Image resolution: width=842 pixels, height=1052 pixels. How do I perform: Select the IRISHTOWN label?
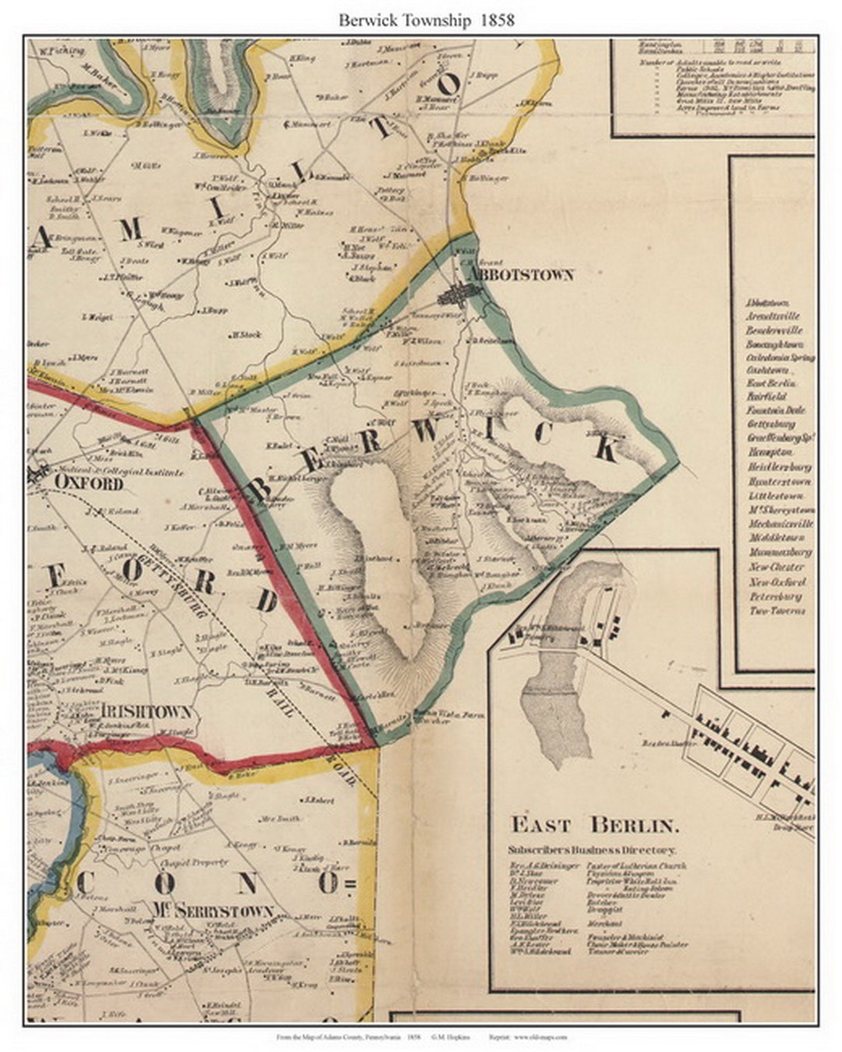[x=146, y=711]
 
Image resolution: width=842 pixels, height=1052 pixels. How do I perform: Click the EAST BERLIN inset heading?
[x=595, y=824]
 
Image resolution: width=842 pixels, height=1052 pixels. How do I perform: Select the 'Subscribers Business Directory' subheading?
[x=592, y=850]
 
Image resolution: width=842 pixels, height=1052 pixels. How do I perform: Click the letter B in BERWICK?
[x=260, y=489]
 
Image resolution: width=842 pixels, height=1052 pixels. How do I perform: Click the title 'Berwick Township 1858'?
[x=426, y=20]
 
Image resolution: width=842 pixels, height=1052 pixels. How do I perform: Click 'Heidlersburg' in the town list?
[x=780, y=467]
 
